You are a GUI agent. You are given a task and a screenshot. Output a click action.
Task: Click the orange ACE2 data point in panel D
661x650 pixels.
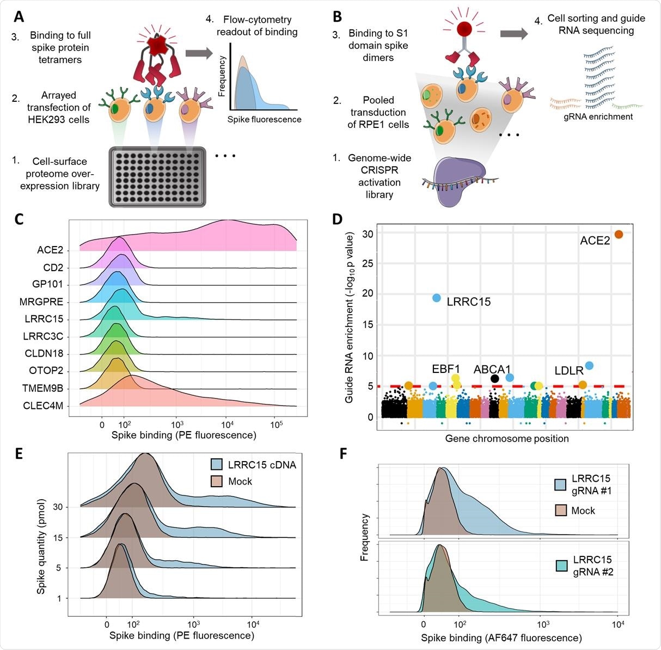(619, 235)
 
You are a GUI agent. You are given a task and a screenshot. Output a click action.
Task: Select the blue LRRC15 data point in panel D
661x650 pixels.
(437, 298)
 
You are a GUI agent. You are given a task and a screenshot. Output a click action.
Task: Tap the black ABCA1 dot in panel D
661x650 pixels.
(494, 378)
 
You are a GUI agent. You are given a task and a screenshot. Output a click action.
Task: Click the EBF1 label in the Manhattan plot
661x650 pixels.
(446, 369)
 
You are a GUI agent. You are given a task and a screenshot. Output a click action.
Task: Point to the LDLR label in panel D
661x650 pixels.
(569, 371)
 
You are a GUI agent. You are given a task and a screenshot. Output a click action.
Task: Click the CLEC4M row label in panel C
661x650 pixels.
(44, 406)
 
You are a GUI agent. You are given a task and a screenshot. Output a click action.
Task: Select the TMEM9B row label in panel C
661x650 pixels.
(44, 388)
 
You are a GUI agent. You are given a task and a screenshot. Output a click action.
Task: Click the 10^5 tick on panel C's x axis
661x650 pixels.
(276, 425)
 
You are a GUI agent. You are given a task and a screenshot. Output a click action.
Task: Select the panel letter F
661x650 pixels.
(344, 453)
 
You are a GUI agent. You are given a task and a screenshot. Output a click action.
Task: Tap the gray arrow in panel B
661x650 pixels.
(513, 34)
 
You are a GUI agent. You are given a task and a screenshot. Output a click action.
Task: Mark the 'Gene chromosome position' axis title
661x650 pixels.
(506, 438)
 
